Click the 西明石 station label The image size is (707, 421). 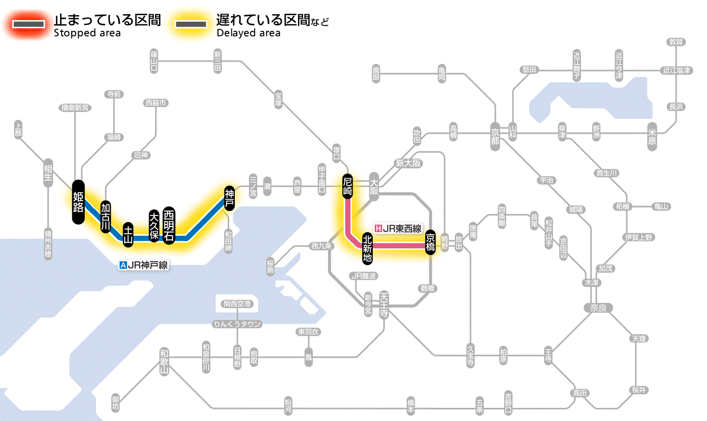point(169,226)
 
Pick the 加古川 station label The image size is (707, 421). point(106,217)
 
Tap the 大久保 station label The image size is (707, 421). point(155,226)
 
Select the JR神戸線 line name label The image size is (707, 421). point(143,265)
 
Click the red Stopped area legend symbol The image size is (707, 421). point(30,24)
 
